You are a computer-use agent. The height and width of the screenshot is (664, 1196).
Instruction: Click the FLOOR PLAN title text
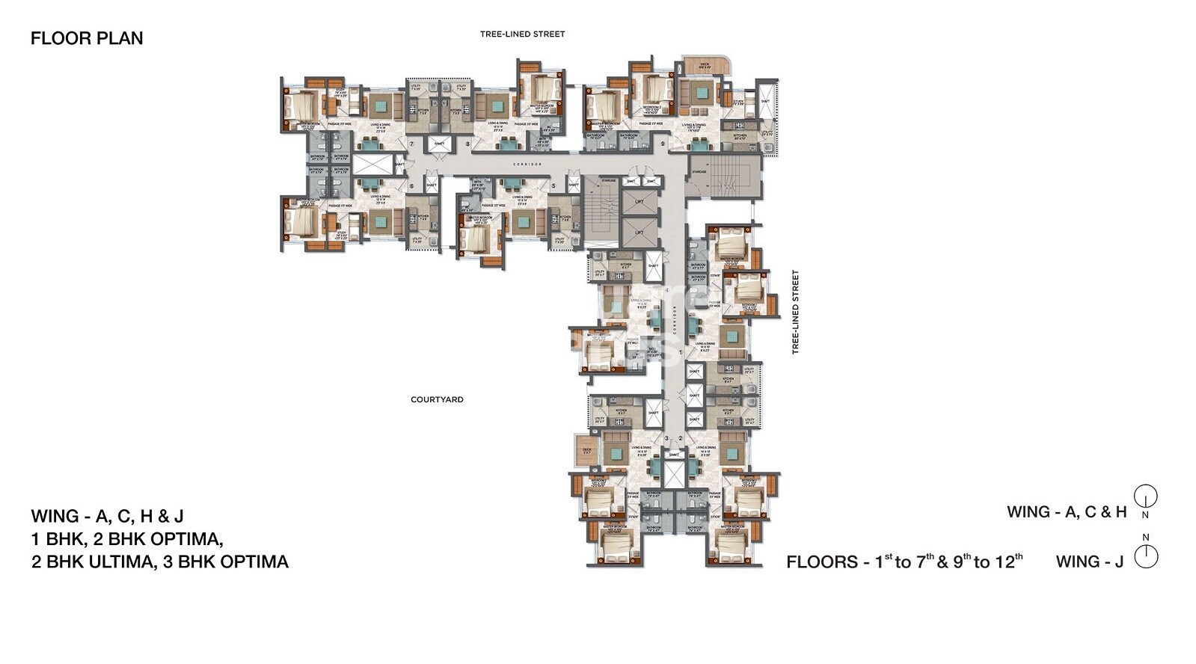point(87,38)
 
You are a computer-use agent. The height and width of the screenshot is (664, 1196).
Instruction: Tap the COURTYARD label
point(437,400)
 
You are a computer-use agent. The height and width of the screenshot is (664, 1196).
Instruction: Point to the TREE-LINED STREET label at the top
point(522,34)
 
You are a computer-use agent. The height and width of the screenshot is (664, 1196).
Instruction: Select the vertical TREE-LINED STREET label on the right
point(795,312)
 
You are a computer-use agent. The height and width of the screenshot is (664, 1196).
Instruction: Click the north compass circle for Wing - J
point(1146,557)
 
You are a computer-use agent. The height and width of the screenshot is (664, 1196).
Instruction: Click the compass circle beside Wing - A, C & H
point(1146,496)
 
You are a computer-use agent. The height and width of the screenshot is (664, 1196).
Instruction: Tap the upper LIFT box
point(640,202)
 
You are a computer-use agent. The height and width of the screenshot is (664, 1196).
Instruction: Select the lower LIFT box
point(640,232)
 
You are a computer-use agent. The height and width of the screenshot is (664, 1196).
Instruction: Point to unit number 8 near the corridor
point(467,144)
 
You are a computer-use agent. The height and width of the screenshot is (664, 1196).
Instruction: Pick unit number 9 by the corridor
point(663,144)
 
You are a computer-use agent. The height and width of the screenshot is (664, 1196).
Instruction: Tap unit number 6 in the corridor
point(411,186)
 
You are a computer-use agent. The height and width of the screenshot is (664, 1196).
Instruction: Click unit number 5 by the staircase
point(553,186)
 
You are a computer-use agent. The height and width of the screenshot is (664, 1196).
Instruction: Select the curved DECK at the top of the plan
point(705,65)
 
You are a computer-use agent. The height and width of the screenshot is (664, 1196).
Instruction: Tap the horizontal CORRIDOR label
point(527,163)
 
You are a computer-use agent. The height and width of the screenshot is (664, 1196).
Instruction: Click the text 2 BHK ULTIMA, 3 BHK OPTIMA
point(159,562)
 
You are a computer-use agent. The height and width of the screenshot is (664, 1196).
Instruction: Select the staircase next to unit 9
point(724,176)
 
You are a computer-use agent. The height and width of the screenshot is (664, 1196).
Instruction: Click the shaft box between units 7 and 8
point(439,144)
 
